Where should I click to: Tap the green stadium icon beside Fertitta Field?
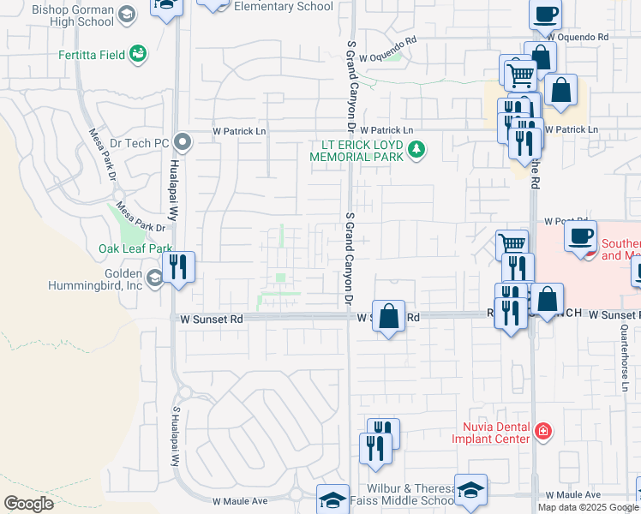(x=136, y=55)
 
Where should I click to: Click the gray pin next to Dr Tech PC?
(x=181, y=142)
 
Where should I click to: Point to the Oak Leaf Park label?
(x=135, y=248)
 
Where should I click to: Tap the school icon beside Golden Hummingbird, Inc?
(x=154, y=278)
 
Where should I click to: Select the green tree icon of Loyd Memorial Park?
(x=417, y=151)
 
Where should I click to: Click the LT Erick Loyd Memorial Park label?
(x=356, y=151)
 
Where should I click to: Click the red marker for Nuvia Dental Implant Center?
(x=541, y=430)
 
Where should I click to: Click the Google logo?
(x=28, y=504)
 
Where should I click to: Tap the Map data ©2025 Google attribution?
(x=588, y=507)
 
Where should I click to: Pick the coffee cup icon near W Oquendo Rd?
(x=545, y=14)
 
